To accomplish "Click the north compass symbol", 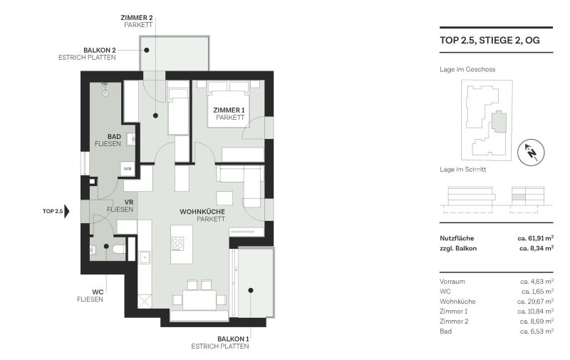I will (531, 150).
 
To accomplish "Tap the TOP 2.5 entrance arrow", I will (67, 212).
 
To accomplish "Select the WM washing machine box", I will (128, 169).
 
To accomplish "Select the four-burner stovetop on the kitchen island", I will (177, 243).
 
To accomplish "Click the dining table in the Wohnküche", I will (200, 300).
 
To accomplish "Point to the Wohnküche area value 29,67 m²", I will (537, 302).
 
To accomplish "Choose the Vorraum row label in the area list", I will (453, 282).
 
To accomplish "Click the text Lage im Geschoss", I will (467, 69).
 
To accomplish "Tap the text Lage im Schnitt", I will (465, 170).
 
